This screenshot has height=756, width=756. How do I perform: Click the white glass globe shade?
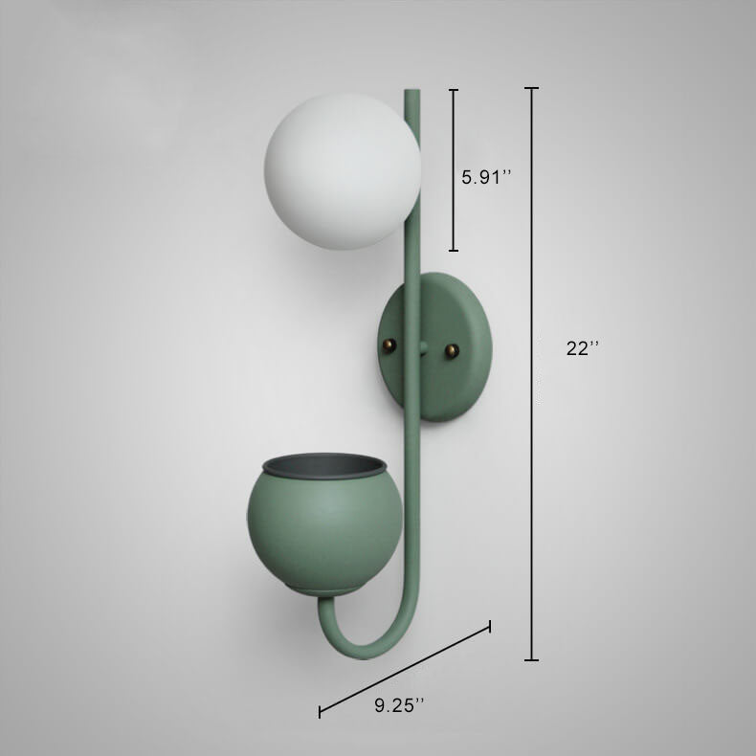point(343,171)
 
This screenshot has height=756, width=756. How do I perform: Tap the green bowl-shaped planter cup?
point(325,524)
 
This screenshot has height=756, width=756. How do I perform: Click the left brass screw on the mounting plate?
point(389,345)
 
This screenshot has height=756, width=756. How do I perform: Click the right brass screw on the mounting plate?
point(452,350)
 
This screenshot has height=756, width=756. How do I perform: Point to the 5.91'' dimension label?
point(485,177)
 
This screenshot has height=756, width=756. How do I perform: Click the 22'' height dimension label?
point(583,347)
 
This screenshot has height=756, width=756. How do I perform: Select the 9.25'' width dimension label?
point(400,706)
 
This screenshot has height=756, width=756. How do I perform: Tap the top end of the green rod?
point(411,90)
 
